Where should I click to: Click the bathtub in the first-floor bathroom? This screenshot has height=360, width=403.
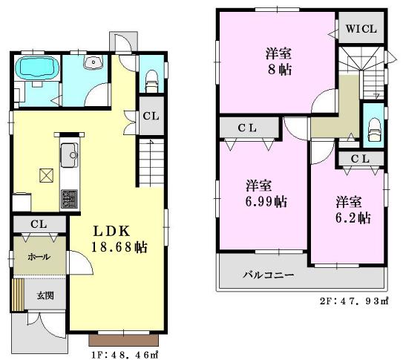tap(37, 69)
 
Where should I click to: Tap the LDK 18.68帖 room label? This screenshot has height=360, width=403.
tap(119, 239)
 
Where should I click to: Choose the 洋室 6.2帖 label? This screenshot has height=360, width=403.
tap(351, 209)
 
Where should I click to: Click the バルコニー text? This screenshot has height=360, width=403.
tap(269, 275)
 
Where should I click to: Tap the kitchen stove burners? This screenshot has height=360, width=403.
tap(68, 198)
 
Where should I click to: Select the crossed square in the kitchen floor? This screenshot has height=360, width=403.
tap(46, 176)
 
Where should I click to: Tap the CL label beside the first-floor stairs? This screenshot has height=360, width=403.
tap(150, 116)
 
